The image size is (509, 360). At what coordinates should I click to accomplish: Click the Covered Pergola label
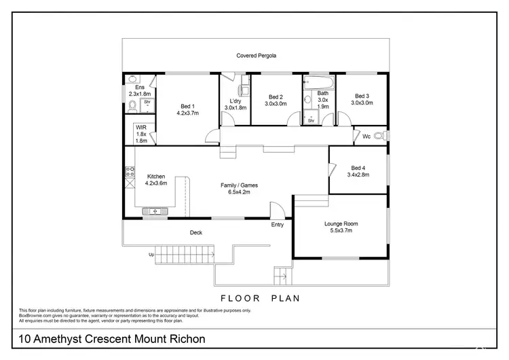(x=256, y=55)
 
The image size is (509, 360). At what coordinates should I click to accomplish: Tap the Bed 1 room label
(x=187, y=105)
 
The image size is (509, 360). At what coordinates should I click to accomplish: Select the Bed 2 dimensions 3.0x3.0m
(x=275, y=104)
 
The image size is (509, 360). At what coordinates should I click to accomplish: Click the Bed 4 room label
(x=358, y=168)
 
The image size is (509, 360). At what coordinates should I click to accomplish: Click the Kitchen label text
(x=155, y=177)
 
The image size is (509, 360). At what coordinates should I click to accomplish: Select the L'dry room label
(x=234, y=101)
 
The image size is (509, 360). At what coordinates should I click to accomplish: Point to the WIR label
(x=140, y=127)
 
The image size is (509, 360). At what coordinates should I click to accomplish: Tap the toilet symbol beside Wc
(x=387, y=136)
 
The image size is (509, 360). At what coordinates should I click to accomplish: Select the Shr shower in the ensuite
(x=147, y=104)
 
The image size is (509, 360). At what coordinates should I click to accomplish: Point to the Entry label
(x=278, y=224)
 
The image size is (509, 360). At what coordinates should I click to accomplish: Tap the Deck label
(x=195, y=233)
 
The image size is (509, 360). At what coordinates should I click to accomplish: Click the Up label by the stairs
(x=151, y=255)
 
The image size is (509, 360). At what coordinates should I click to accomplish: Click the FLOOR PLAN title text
(x=261, y=298)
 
